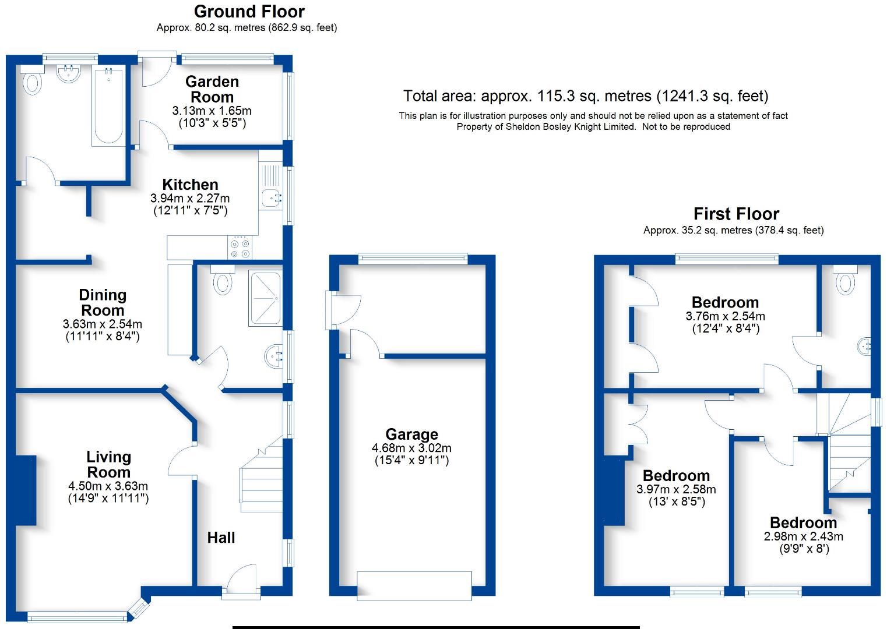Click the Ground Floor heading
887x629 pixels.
[x=249, y=12]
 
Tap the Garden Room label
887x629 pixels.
[x=212, y=89]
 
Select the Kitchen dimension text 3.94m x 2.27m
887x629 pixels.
[x=190, y=198]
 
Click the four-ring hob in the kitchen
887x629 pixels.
[x=240, y=248]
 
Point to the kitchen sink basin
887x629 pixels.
[x=272, y=197]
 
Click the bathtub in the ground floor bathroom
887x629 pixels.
[x=108, y=105]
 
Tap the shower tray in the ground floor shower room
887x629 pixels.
[x=265, y=298]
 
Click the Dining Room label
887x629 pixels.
[x=103, y=302]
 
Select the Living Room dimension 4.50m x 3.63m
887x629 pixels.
[x=108, y=486]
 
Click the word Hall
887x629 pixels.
[x=221, y=538]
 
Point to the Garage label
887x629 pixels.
[x=412, y=434]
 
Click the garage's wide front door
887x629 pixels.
[x=414, y=586]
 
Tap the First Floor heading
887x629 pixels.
[x=736, y=214]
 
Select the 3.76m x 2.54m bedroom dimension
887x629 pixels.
[x=726, y=316]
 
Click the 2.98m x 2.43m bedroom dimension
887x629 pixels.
[x=804, y=536]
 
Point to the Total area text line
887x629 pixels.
[x=586, y=96]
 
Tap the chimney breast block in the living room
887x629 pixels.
[x=26, y=490]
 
